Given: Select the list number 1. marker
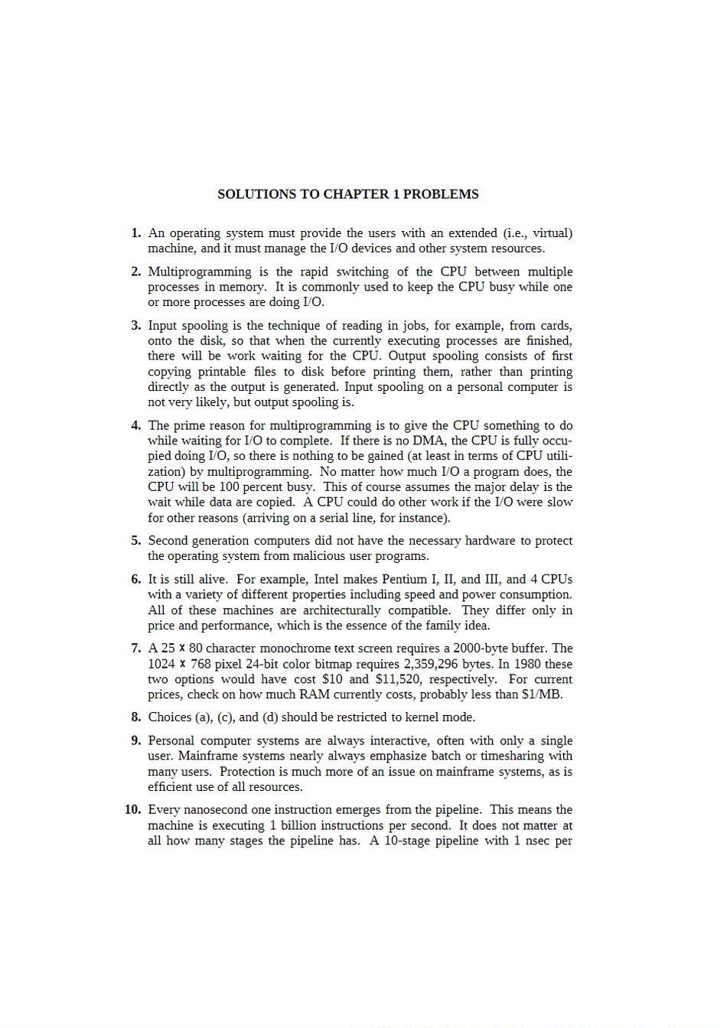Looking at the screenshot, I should coord(136,233).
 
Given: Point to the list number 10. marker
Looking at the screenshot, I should coord(133,810).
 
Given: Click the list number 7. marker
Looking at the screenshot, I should coord(136,649).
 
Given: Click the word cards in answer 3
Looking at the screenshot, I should coord(556,326).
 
